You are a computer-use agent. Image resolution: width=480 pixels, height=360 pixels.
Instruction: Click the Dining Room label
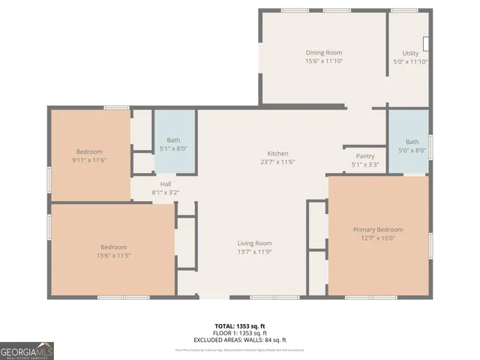coord(324,52)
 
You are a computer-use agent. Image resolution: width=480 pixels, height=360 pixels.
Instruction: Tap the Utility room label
coord(410,53)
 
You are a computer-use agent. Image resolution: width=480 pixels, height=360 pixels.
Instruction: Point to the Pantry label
coord(365,156)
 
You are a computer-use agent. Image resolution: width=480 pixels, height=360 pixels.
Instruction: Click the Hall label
coord(166,184)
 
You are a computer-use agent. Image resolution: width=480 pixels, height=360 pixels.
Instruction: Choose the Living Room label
coord(254,243)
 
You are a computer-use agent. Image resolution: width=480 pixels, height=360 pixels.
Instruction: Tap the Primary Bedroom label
coord(378,229)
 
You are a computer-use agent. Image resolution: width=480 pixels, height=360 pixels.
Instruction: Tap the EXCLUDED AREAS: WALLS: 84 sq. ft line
coord(240,339)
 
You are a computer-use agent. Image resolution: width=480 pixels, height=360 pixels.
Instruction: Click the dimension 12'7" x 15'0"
coord(378,238)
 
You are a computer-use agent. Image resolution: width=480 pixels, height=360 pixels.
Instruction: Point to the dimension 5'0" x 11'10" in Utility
coord(410,61)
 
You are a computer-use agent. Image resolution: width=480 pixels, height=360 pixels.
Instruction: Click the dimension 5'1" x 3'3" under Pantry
coord(365,164)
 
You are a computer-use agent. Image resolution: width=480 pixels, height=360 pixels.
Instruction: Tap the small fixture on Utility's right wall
coord(425,43)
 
